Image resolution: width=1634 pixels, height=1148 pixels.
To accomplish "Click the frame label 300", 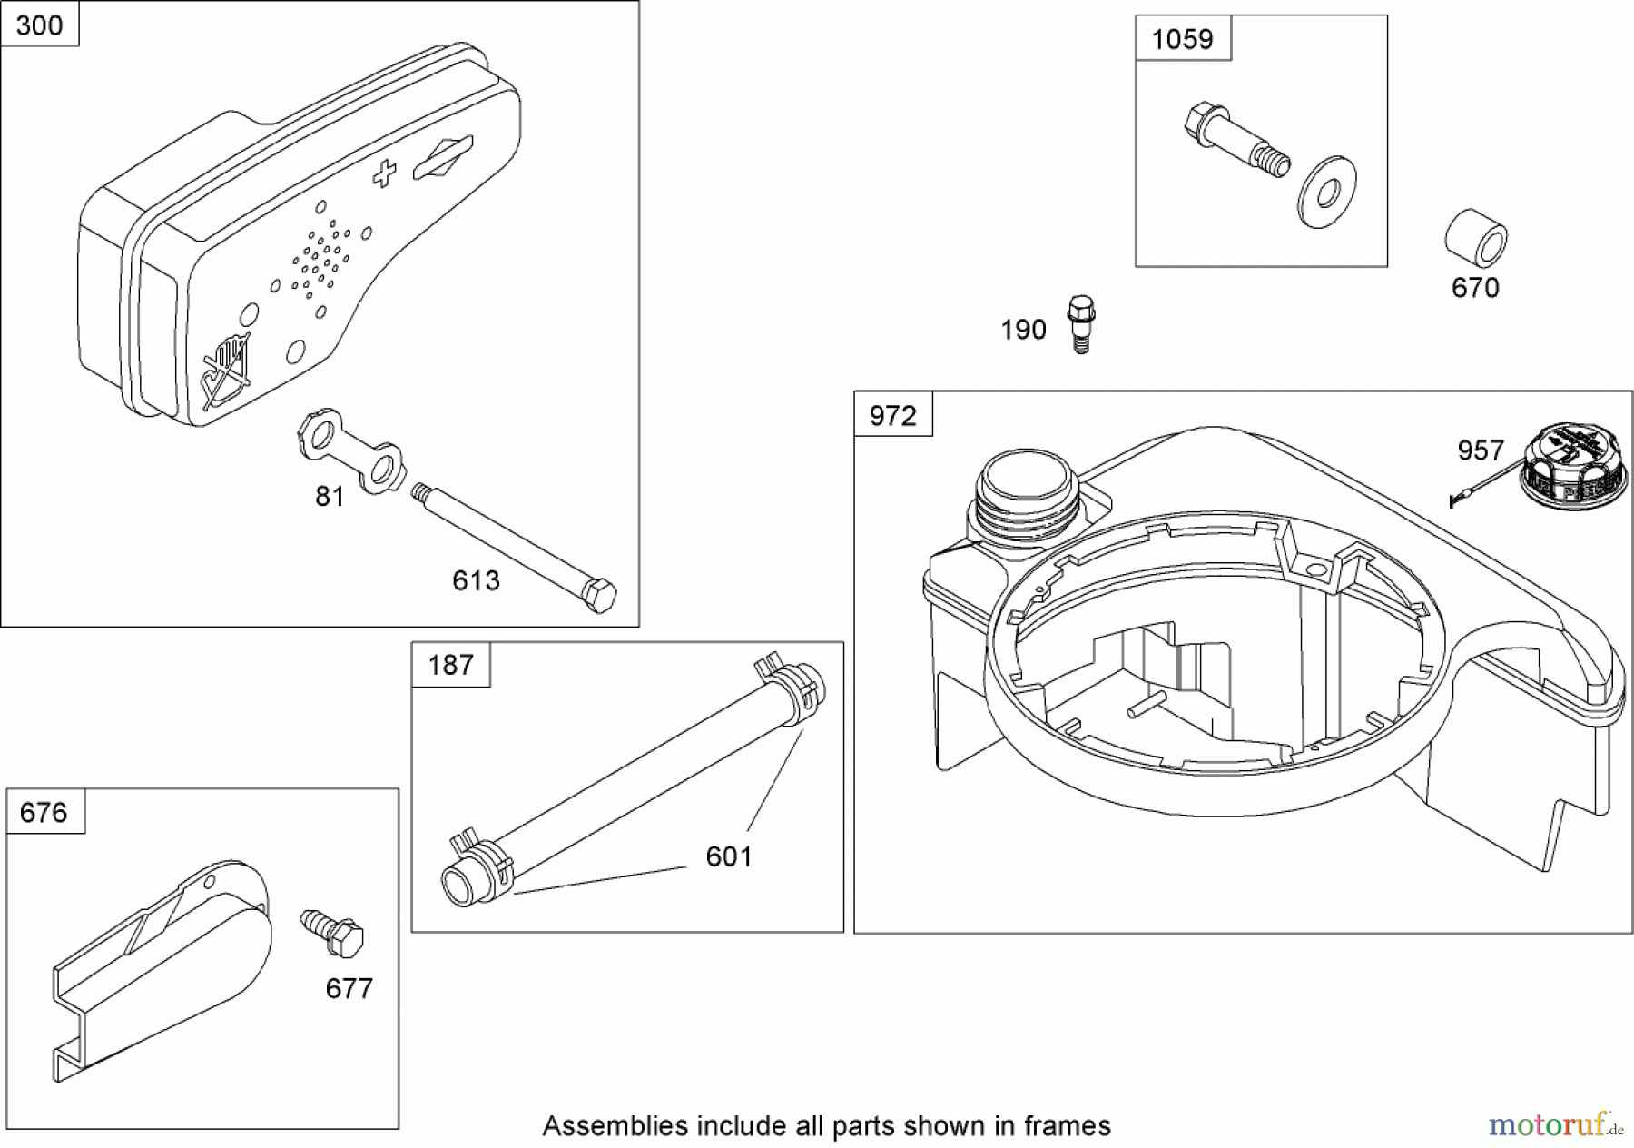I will coord(39,25).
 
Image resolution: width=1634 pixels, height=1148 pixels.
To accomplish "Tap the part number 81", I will coord(330,496).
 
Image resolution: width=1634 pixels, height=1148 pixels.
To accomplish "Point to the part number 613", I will coord(476,580).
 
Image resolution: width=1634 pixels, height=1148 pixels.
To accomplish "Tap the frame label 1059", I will coord(1182,39).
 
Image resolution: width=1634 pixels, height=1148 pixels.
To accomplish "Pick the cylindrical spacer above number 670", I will coord(1475,238).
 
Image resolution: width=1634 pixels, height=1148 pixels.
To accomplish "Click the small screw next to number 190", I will coord(1079,323).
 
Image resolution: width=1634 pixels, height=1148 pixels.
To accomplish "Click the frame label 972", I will coord(892,415).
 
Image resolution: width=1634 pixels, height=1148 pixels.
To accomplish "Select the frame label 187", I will coord(450,665).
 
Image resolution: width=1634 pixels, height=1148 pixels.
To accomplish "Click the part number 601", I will coord(729,856).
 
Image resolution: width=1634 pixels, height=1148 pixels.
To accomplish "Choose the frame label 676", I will coord(44,811).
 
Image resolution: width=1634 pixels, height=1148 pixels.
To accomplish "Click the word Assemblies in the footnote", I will coord(615,1126).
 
